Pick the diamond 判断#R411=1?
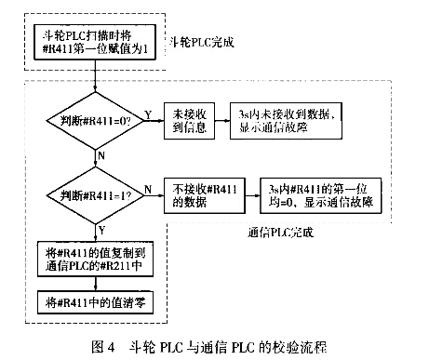click(96, 194)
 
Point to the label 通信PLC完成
click(284, 231)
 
